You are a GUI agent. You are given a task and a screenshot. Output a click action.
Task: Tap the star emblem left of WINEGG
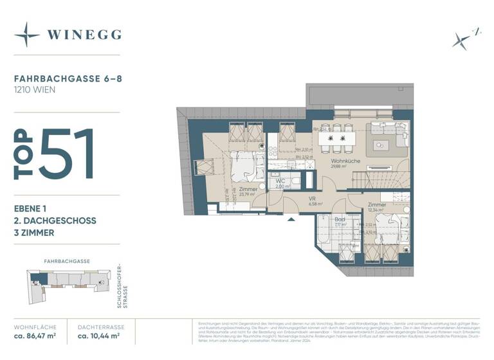pyautogui.click(x=27, y=35)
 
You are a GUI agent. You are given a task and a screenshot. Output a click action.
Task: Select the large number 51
pyautogui.click(x=67, y=154)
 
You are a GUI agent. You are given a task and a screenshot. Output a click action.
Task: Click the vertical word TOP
pyautogui.click(x=24, y=154)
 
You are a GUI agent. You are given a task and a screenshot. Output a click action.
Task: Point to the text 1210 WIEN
pyautogui.click(x=35, y=90)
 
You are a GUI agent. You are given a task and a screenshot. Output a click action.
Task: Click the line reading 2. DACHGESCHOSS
pyautogui.click(x=55, y=221)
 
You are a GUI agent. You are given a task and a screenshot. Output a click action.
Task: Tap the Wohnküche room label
pyautogui.click(x=344, y=161)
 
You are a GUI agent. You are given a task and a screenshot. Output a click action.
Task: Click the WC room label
pyautogui.click(x=280, y=181)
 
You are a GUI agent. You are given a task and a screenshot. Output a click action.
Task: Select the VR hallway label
pyautogui.click(x=311, y=200)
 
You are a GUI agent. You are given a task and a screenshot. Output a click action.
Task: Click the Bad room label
pyautogui.click(x=340, y=219)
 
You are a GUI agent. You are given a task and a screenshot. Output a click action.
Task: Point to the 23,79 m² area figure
pyautogui.click(x=248, y=195)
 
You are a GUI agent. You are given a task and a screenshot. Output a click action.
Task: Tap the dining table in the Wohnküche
pyautogui.click(x=336, y=138)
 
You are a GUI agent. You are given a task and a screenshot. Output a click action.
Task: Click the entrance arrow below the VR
pyautogui.click(x=292, y=219)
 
